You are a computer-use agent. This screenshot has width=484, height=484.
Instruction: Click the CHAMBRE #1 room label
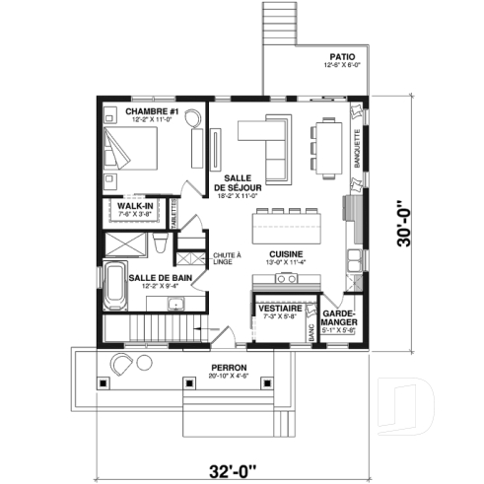(x=151, y=112)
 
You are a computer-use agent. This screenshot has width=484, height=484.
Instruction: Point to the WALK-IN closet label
(x=134, y=206)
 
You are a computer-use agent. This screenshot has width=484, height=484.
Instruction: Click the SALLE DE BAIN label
(x=160, y=279)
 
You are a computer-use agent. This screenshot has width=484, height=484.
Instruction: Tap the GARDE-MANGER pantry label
(x=340, y=317)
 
